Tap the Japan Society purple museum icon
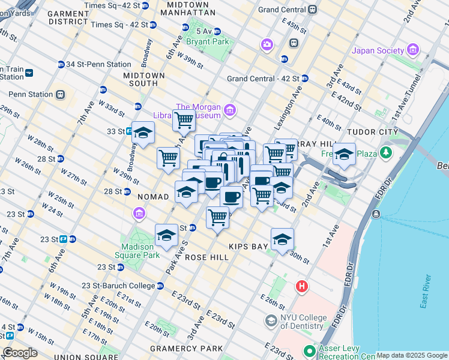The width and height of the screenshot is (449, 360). [412, 50]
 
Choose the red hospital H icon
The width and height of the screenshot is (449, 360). [301, 287]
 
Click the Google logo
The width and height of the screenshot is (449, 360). [20, 353]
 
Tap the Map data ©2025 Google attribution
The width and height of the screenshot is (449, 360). [411, 355]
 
